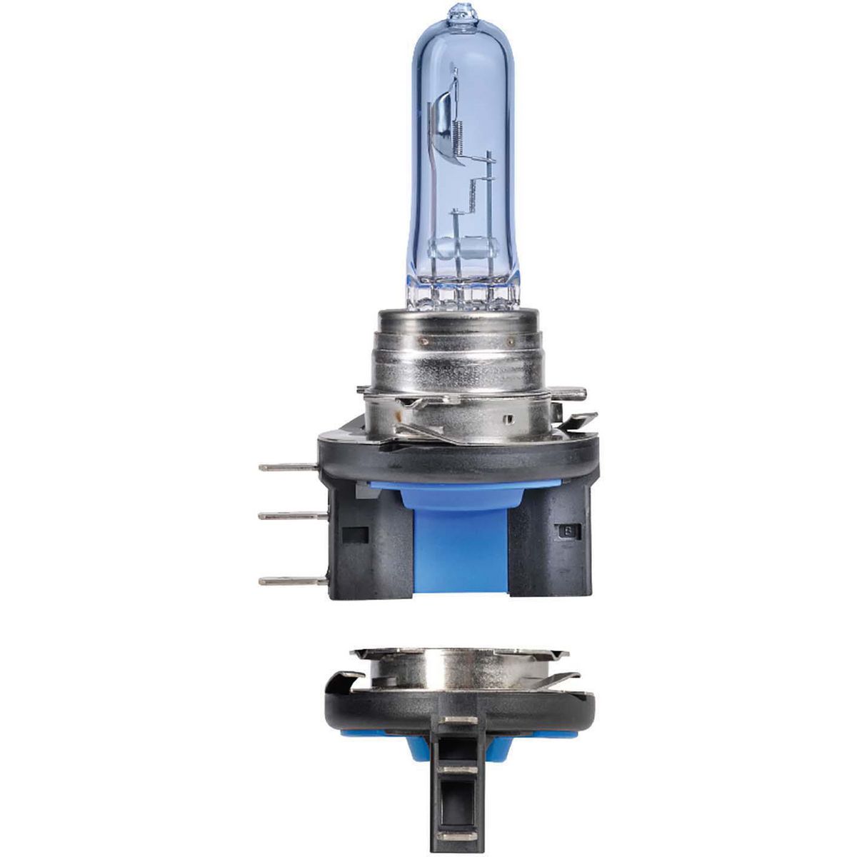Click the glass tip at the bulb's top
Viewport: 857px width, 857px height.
click(457, 12)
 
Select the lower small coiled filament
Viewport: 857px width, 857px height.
click(473, 191)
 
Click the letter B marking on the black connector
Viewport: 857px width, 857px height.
click(568, 531)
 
